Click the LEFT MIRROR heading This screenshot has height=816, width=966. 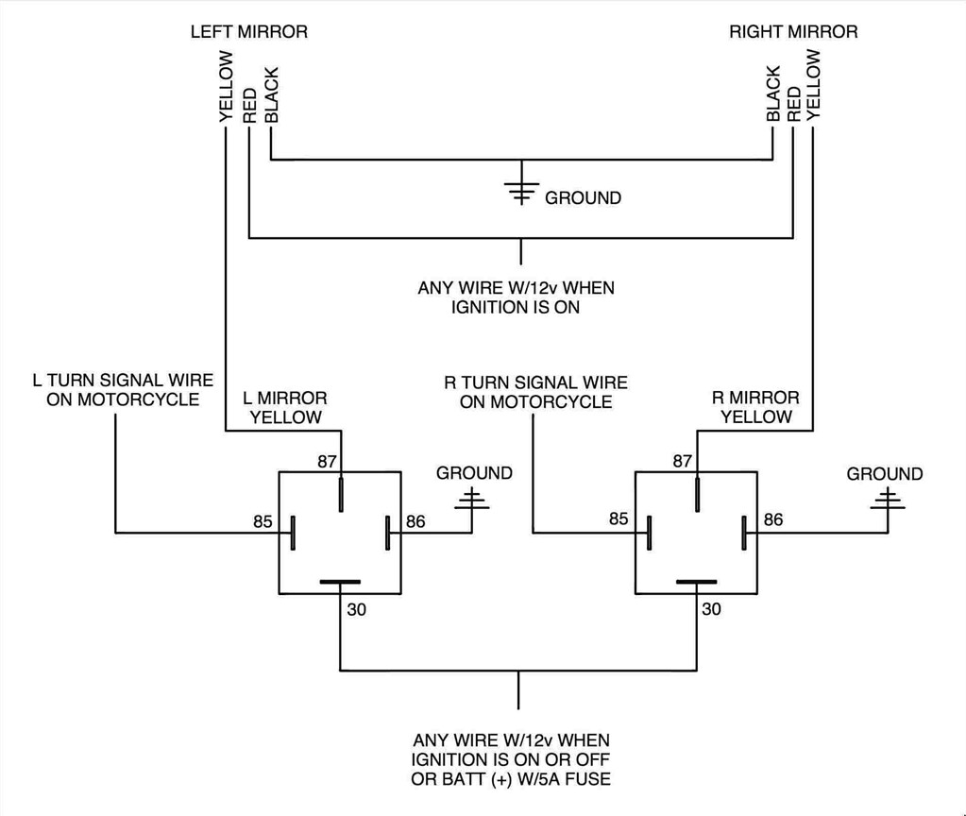click(x=249, y=32)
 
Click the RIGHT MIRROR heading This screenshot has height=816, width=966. click(x=793, y=32)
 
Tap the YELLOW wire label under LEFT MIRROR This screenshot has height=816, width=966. click(x=226, y=87)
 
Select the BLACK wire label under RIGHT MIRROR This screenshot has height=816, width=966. click(x=773, y=93)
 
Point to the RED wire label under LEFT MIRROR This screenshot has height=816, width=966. click(x=249, y=106)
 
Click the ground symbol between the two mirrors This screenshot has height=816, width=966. click(x=520, y=190)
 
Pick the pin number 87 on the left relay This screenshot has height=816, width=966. click(x=327, y=461)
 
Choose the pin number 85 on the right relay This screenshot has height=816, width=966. click(x=619, y=518)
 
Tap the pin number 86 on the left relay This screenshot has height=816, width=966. click(x=415, y=520)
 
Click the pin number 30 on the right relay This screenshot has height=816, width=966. click(x=711, y=609)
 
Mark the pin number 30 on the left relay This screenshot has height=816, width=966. click(x=357, y=609)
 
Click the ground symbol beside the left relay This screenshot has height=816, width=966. click(x=473, y=500)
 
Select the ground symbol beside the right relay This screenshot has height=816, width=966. click(x=886, y=500)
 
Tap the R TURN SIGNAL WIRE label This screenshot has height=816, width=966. click(x=535, y=392)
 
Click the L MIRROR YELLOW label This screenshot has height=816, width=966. click(x=285, y=408)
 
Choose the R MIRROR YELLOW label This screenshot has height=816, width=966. click(x=755, y=408)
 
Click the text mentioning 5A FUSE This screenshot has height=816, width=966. click(x=511, y=779)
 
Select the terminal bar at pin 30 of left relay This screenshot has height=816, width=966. click(x=340, y=583)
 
